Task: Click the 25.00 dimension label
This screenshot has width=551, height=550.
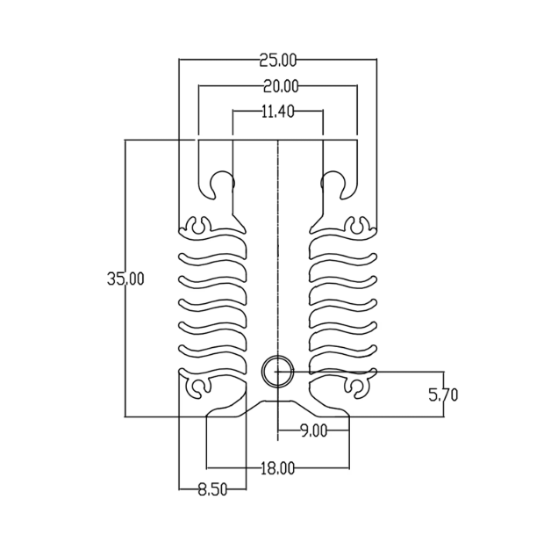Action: (277, 60)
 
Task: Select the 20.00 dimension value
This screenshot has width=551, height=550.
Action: (281, 86)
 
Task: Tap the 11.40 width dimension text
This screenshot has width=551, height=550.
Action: (277, 112)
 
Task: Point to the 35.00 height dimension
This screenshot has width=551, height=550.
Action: (125, 279)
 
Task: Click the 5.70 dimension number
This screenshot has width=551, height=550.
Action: (443, 394)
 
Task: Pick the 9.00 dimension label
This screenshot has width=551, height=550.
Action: (314, 431)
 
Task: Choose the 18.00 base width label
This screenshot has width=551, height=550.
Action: (277, 468)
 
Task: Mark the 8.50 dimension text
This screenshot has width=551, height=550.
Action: (212, 489)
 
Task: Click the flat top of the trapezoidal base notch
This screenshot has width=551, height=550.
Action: (277, 401)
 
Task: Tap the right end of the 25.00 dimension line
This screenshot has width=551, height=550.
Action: (376, 60)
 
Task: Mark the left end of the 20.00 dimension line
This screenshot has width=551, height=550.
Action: (198, 85)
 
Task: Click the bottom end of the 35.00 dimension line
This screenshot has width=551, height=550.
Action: (125, 416)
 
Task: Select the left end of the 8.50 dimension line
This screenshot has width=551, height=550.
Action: (179, 488)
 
